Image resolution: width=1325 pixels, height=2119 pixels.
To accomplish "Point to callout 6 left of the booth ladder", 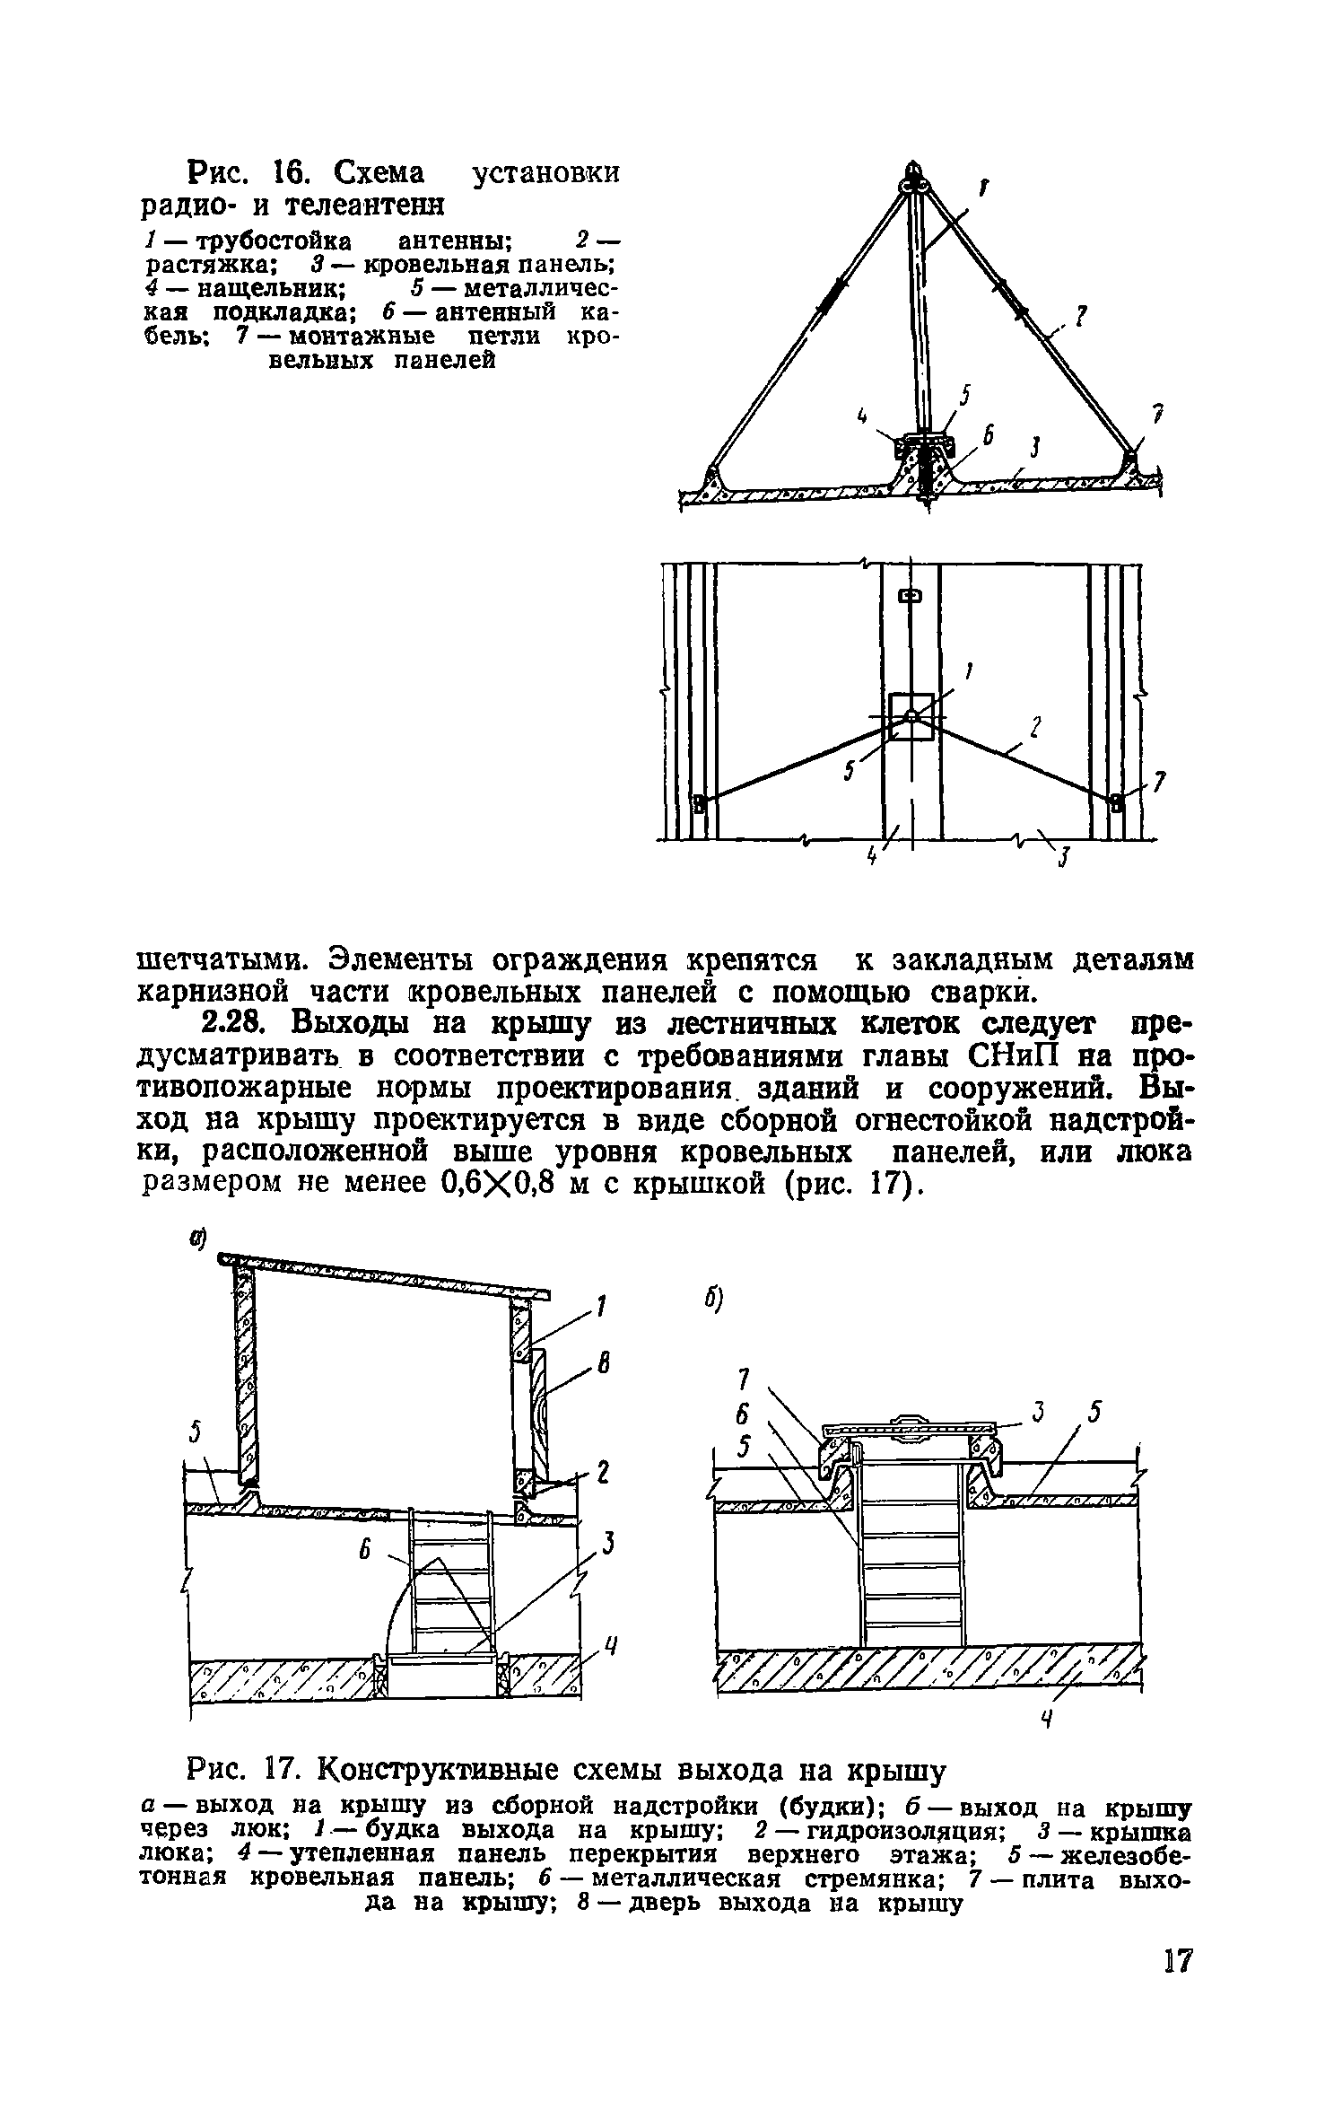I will tap(364, 1550).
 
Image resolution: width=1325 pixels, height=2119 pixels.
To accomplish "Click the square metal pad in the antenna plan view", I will tap(911, 716).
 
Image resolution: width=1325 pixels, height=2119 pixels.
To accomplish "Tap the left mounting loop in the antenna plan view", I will tap(700, 801).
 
